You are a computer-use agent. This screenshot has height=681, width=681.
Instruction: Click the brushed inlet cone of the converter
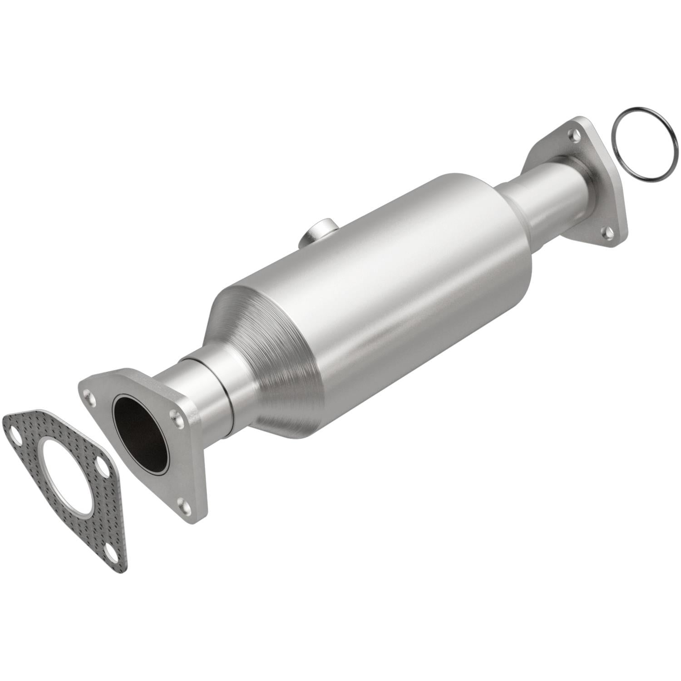254,345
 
